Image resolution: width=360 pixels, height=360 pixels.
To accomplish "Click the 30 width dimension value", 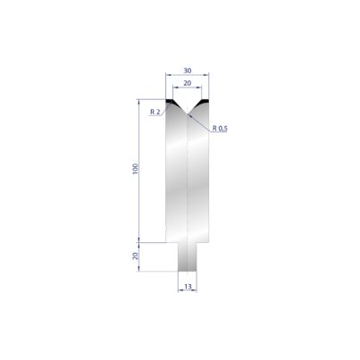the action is [188, 71].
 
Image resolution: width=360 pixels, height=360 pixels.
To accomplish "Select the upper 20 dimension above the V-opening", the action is [188, 83].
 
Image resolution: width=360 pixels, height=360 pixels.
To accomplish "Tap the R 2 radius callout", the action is [155, 112].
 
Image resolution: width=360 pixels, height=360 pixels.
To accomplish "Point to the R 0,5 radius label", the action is [220, 129].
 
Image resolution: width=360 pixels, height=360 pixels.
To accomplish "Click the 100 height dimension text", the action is [136, 169].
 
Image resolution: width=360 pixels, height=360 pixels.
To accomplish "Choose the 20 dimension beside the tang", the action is [136, 255].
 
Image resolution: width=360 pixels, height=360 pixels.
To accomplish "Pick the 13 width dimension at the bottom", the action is [188, 287].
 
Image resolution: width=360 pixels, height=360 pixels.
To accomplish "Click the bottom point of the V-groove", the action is [188, 113].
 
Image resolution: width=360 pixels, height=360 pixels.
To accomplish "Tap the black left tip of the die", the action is [170, 101].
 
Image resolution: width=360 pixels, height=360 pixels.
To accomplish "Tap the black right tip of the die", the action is [205, 101].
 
